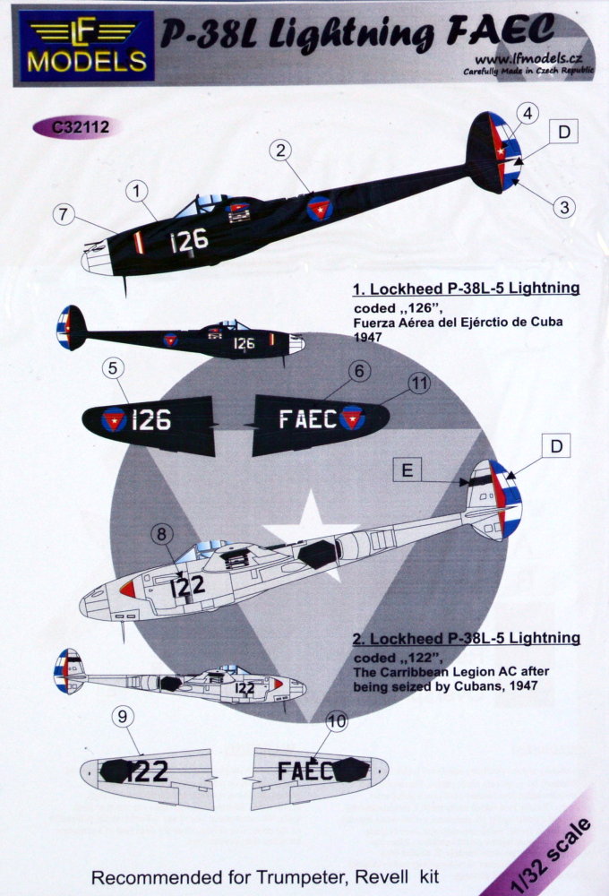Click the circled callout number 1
[x=137, y=190]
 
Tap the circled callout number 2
[x=280, y=152]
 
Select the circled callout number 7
[x=63, y=215]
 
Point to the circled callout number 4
[x=528, y=113]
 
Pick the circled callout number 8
[x=161, y=535]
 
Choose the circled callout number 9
[x=124, y=717]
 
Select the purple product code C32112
[x=81, y=127]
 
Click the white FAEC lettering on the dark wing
[x=307, y=418]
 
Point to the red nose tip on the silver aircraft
[x=127, y=589]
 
